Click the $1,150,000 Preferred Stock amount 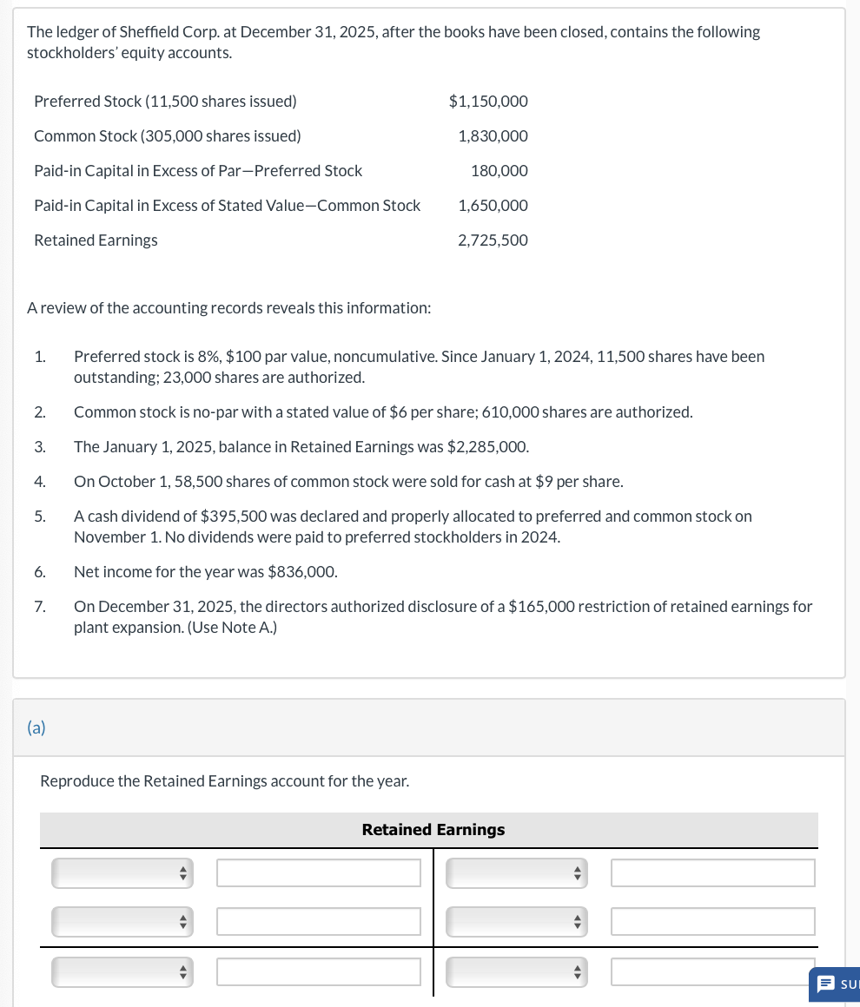point(488,102)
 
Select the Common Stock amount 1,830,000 point(493,136)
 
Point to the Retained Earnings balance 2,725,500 point(493,240)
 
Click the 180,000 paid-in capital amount point(499,171)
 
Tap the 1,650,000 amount point(493,206)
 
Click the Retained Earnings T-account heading point(433,830)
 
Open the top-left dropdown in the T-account point(122,873)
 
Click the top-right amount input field point(712,873)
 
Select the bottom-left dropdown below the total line point(122,972)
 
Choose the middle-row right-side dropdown point(516,922)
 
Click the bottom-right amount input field point(712,972)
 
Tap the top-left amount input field point(318,873)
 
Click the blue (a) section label point(36,727)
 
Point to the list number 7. point(40,607)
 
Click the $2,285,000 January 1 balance point(486,447)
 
